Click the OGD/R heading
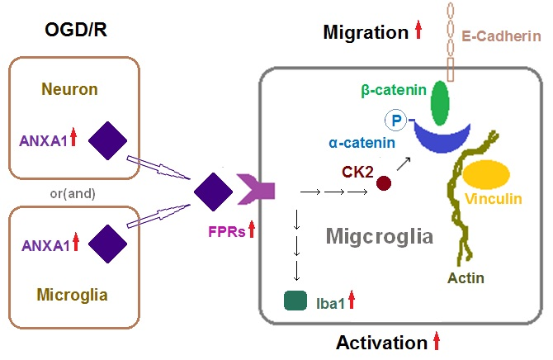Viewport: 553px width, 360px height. tap(77, 31)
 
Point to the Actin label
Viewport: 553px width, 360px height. tap(466, 277)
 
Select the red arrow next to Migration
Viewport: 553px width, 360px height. tap(418, 31)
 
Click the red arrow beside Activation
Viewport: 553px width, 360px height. tap(437, 341)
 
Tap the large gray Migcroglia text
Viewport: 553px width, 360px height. tap(380, 237)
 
